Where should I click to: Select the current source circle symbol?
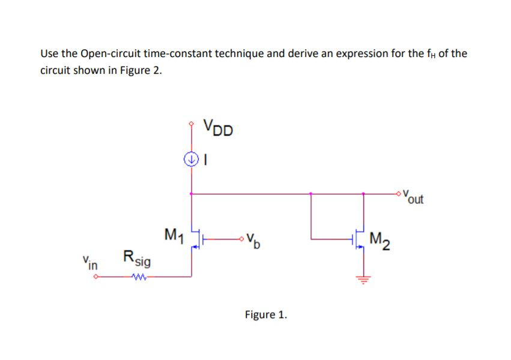tap(191, 160)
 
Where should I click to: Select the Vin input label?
tap(91, 262)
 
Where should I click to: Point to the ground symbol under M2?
tap(363, 277)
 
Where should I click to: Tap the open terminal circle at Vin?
tap(96, 277)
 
